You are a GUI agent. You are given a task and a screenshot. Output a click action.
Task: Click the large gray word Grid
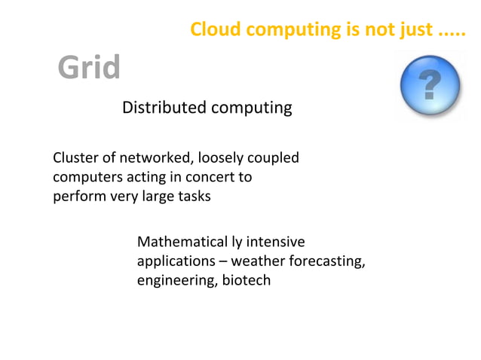point(89,68)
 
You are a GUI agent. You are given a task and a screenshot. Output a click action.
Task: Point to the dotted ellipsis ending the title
point(452,32)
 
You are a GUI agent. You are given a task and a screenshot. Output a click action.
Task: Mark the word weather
point(258,261)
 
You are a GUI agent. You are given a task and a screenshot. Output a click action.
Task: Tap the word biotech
point(246,280)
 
